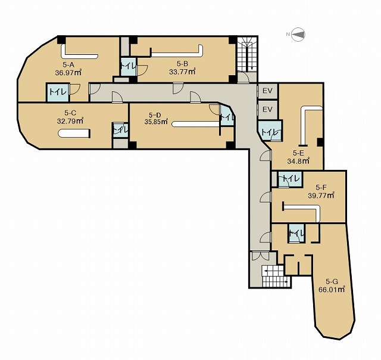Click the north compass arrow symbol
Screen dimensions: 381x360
click(298, 35)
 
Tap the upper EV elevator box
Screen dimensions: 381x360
click(268, 91)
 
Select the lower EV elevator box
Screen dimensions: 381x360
click(268, 110)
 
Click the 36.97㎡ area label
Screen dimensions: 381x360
click(68, 72)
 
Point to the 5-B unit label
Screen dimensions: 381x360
click(182, 64)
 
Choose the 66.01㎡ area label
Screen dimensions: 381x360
click(332, 290)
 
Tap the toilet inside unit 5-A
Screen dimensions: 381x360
click(58, 92)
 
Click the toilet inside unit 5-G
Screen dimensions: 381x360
click(296, 233)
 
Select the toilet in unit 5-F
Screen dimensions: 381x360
click(290, 179)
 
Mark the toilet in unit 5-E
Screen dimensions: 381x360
click(270, 131)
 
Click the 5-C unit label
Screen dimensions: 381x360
click(70, 113)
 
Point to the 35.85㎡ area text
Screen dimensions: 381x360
click(157, 122)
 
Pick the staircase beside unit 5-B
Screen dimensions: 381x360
click(247, 54)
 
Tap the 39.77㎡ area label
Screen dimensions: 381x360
click(321, 195)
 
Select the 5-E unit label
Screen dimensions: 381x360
click(298, 153)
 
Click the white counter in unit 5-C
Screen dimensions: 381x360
click(74, 134)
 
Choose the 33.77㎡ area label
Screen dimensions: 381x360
click(182, 72)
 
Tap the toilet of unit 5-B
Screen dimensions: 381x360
click(129, 66)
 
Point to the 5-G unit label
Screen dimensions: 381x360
click(332, 282)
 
